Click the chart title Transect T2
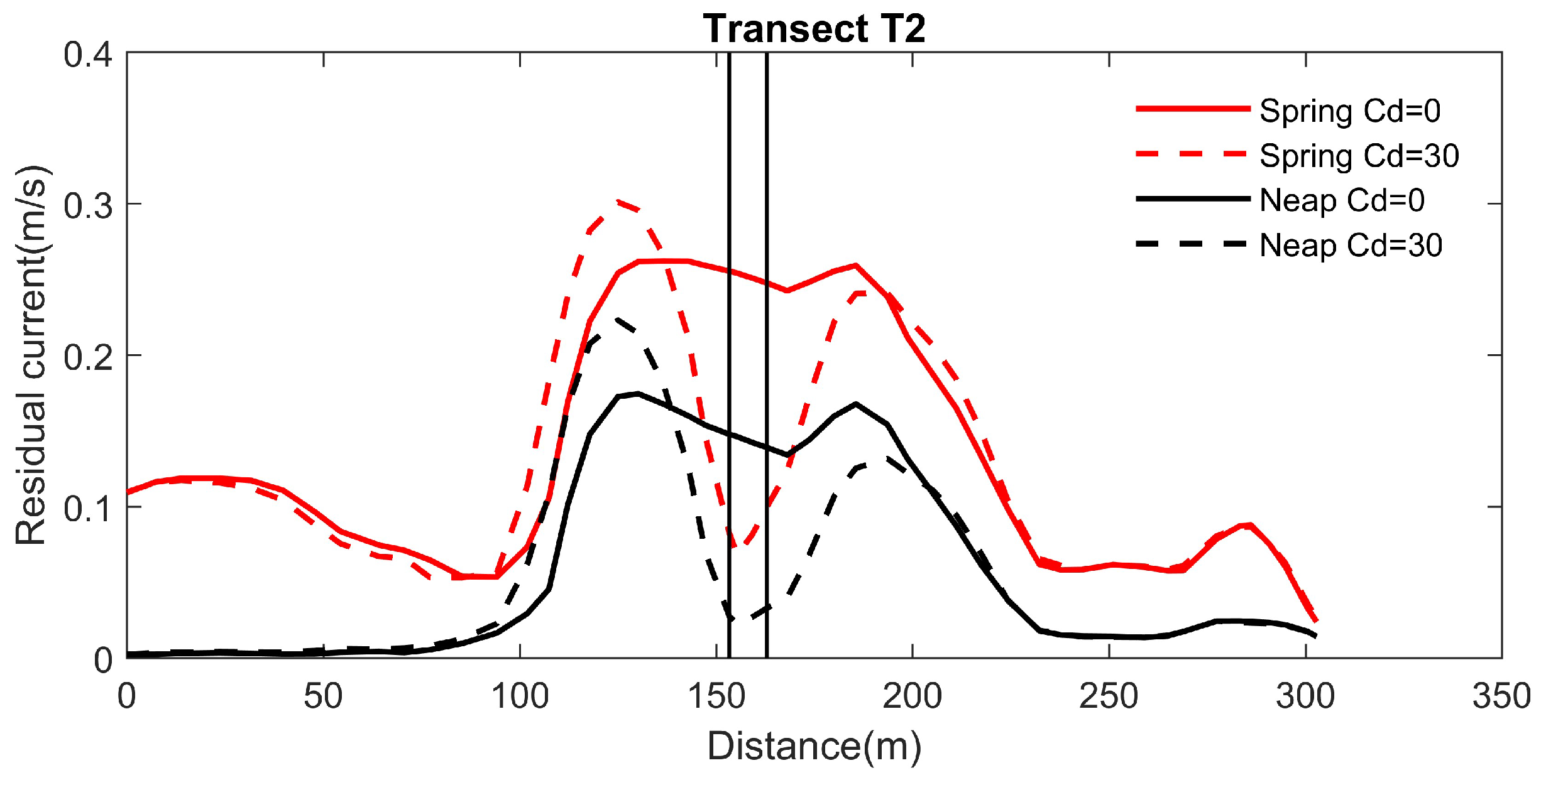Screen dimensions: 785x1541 pyautogui.click(x=814, y=29)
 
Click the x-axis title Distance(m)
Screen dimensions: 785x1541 pyautogui.click(x=814, y=746)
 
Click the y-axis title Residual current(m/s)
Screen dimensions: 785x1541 pyautogui.click(x=31, y=355)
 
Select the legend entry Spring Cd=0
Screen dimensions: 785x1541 pyautogui.click(x=1349, y=111)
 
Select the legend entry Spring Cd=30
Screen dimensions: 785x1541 pyautogui.click(x=1359, y=156)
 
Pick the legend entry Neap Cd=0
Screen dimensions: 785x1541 pyautogui.click(x=1342, y=200)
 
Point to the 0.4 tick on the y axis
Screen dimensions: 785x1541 pyautogui.click(x=87, y=55)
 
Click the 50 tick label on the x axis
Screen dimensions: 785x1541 pyautogui.click(x=323, y=696)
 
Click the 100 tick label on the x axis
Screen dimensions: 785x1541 pyautogui.click(x=520, y=696)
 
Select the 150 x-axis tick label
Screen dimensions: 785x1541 pyautogui.click(x=716, y=696)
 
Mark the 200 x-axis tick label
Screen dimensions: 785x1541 pyautogui.click(x=913, y=696)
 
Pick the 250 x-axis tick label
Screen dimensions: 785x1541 pyautogui.click(x=1109, y=696)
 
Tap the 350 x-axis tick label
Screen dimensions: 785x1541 pyautogui.click(x=1501, y=696)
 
